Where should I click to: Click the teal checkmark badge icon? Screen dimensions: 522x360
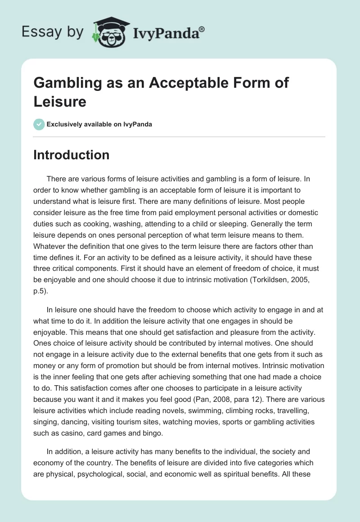click(39, 124)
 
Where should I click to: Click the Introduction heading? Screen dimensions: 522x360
click(71, 155)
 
